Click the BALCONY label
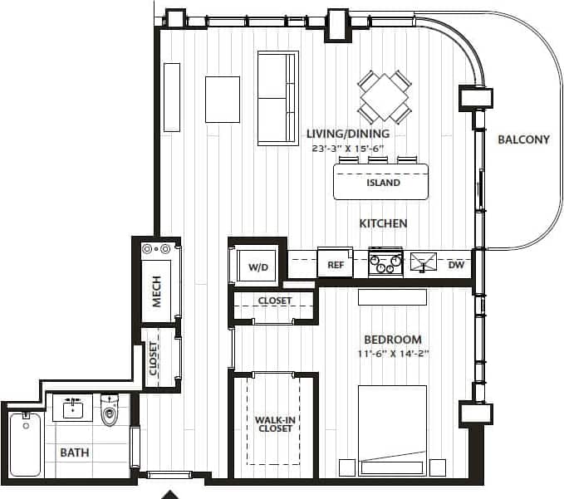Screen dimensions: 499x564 (x=523, y=139)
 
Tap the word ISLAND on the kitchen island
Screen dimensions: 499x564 (x=382, y=183)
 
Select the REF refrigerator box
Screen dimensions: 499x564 (x=336, y=265)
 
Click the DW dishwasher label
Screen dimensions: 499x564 (x=456, y=265)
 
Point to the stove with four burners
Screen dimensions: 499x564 (x=385, y=262)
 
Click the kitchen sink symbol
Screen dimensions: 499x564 (x=424, y=262)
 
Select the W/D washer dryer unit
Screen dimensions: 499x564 (x=258, y=267)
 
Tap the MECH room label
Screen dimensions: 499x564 (x=156, y=291)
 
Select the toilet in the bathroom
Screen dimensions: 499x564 (x=110, y=410)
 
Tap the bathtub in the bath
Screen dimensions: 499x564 (x=26, y=445)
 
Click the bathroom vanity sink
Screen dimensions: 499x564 (x=73, y=408)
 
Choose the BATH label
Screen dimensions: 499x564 (x=74, y=453)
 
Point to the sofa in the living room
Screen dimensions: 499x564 (x=277, y=98)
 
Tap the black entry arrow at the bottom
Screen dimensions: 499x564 (x=169, y=494)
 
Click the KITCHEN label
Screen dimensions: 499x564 (x=382, y=223)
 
